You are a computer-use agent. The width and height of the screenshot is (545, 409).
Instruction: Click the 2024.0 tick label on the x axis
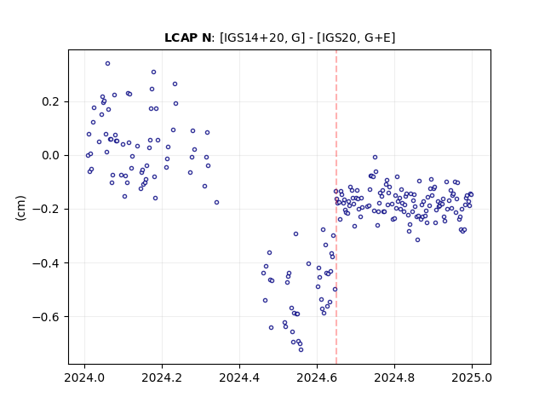tap(84, 377)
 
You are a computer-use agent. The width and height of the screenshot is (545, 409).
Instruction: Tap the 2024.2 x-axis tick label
tap(162, 377)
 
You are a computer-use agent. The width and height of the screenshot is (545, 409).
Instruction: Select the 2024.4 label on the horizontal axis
tap(239, 377)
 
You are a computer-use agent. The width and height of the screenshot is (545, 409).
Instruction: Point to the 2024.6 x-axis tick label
tap(317, 377)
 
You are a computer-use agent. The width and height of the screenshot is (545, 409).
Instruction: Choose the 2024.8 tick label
tap(394, 377)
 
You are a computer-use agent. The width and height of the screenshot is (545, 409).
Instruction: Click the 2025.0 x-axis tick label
tap(472, 377)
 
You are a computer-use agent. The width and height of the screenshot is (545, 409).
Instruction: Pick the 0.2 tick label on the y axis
tap(51, 102)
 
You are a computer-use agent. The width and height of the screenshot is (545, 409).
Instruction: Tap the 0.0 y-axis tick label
tap(51, 155)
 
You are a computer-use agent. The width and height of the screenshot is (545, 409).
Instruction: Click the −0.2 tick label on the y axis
tap(46, 209)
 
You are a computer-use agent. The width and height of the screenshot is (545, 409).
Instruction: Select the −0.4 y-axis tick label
tap(46, 263)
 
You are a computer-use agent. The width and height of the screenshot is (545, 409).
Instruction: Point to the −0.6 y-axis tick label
tap(46, 316)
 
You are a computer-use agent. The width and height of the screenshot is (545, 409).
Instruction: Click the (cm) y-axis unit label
tap(20, 208)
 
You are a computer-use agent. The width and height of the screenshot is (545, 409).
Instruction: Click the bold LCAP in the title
tap(181, 37)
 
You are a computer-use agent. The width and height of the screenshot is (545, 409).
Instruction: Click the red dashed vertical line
tap(336, 207)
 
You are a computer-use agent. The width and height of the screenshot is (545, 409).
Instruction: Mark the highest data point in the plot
tap(108, 64)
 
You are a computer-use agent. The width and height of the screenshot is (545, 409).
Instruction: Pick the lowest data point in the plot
tap(301, 350)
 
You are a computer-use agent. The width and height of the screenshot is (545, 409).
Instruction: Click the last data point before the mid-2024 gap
tap(216, 203)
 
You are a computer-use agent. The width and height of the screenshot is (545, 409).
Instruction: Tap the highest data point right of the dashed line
tap(375, 157)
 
